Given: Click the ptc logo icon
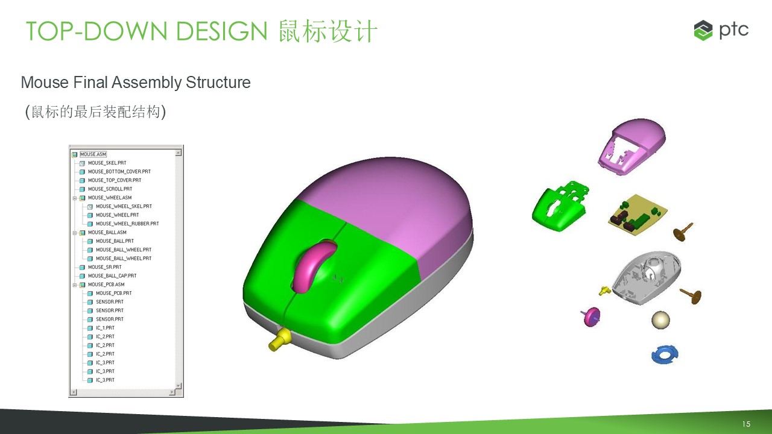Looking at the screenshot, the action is point(703,30).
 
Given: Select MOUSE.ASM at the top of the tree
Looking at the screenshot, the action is point(93,154).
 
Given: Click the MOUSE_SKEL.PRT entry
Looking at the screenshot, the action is point(107,163).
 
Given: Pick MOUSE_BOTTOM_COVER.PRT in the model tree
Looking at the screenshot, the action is point(119,172).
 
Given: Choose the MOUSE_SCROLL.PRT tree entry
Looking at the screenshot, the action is point(110,189).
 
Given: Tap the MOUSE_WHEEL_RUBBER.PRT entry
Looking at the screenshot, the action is point(127,224).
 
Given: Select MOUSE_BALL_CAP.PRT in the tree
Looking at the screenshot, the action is point(112,276).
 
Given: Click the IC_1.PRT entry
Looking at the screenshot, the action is point(105,328).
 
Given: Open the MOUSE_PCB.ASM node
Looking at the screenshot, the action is point(106,285).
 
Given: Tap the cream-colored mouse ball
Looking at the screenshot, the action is point(660,320).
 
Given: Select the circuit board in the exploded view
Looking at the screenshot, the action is point(638,215).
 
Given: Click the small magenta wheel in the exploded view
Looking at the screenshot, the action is point(592,317).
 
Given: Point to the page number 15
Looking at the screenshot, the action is point(746,424).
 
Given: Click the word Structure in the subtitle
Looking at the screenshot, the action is point(218,83).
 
